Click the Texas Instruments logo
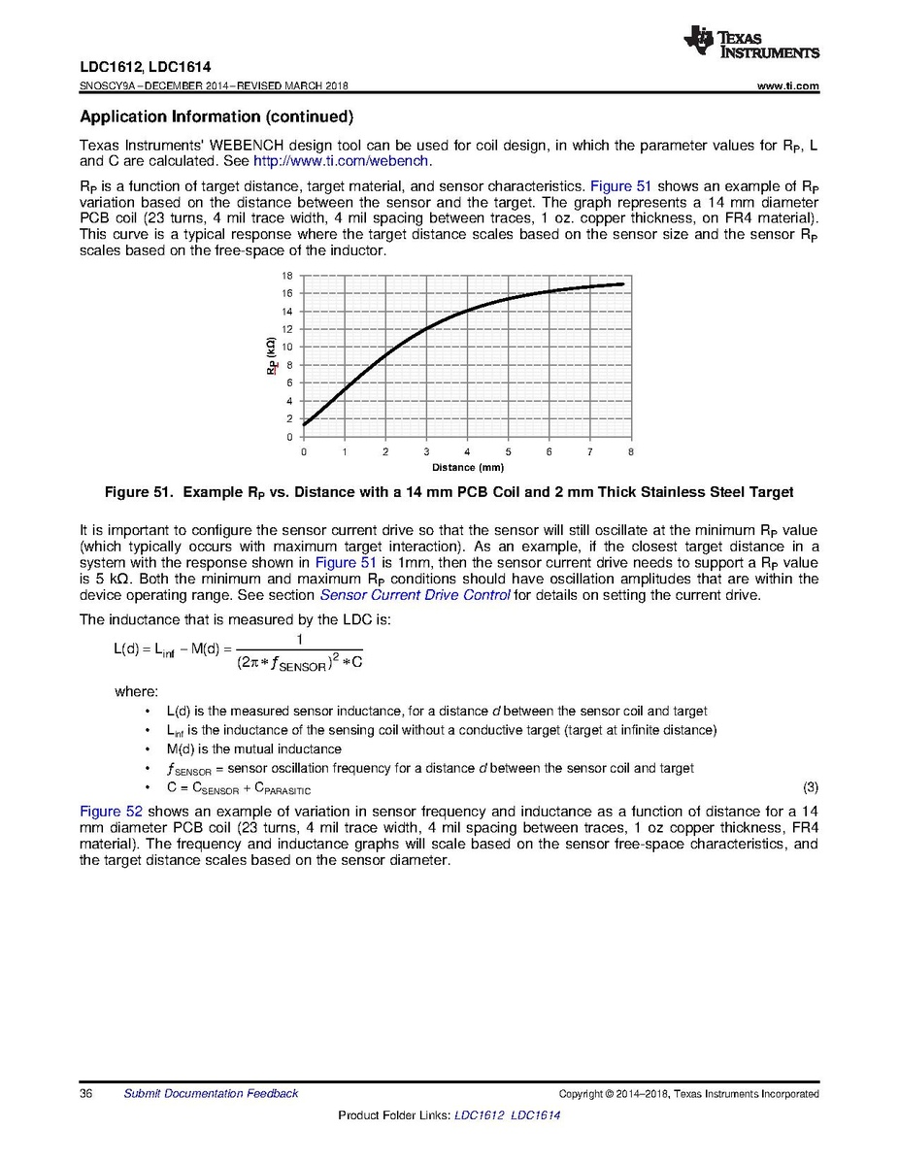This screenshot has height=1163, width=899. tap(751, 42)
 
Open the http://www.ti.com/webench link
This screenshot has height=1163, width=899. tap(341, 161)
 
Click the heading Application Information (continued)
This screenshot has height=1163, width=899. tap(215, 117)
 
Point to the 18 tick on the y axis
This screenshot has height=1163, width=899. tap(287, 276)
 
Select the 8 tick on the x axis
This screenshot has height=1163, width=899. tap(631, 452)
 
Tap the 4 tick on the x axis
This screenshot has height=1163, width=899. tap(467, 452)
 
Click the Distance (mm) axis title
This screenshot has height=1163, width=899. tap(467, 468)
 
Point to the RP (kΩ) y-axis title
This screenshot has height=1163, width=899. tap(272, 356)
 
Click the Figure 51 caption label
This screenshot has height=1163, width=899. tap(138, 492)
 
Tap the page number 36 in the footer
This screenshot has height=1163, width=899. tap(85, 1094)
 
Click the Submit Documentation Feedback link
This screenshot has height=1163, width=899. tap(211, 1094)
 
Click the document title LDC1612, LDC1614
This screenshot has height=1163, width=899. tap(145, 70)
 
